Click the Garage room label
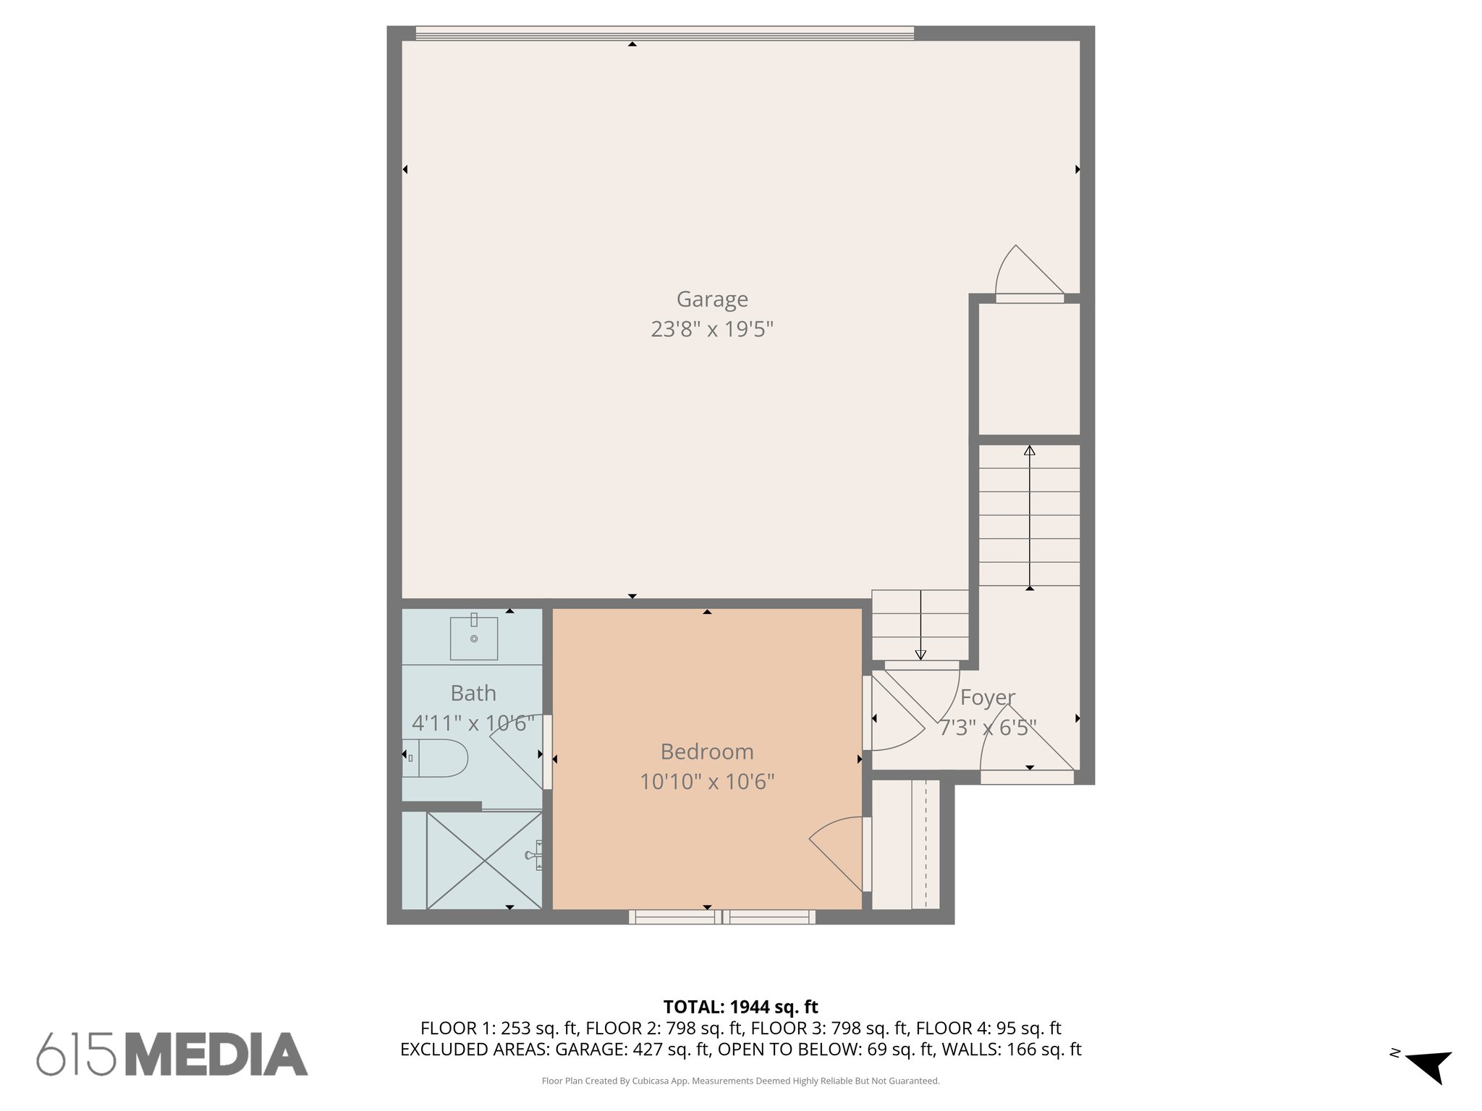click(712, 299)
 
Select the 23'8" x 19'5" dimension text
click(712, 330)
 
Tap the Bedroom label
click(707, 752)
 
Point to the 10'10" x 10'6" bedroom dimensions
click(707, 782)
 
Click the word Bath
click(473, 693)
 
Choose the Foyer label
click(987, 697)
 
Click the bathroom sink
click(474, 638)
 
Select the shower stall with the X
click(483, 860)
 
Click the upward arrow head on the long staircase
click(1029, 451)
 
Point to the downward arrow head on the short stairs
click(920, 655)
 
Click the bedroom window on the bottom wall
click(721, 917)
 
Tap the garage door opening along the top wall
click(664, 33)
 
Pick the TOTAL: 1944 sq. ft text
click(740, 1007)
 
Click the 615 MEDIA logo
click(172, 1054)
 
